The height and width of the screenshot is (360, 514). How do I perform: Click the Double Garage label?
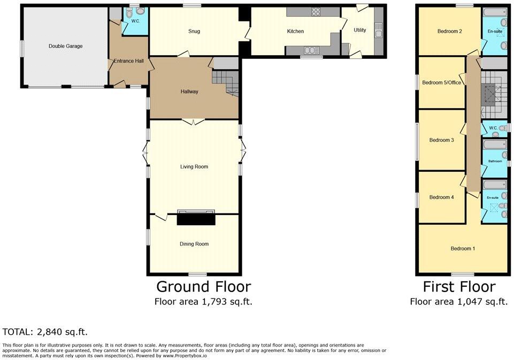(65, 46)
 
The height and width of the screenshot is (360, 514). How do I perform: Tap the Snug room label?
(194, 31)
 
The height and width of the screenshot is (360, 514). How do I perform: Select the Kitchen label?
(295, 31)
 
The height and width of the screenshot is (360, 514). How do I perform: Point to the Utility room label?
(360, 30)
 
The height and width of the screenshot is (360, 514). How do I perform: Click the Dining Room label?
(194, 244)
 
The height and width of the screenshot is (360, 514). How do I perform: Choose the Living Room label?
(194, 167)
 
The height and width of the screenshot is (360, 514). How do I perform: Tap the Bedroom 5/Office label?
(441, 82)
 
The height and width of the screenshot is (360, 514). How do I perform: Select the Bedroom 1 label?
(462, 249)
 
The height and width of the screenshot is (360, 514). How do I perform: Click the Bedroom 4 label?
(441, 197)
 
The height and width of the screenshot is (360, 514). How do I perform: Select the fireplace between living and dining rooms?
(196, 218)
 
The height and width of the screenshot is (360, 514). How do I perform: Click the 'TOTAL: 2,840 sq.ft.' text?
(45, 332)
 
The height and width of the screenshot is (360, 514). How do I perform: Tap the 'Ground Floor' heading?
(203, 287)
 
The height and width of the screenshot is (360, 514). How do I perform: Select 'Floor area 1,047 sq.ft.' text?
(458, 302)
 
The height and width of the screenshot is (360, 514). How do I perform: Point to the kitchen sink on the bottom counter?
(310, 51)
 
